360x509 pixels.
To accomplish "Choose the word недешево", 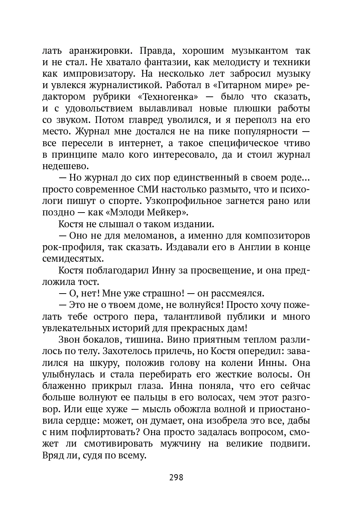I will (64, 166).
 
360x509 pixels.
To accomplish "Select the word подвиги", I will (290, 444).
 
